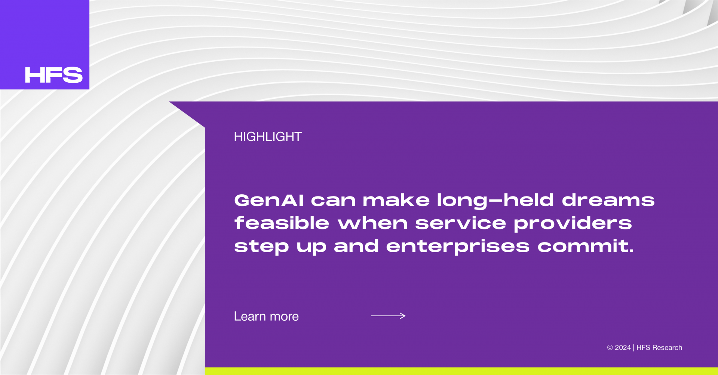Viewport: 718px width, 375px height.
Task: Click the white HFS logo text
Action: coord(53,75)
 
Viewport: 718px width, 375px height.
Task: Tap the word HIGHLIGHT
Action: coord(268,137)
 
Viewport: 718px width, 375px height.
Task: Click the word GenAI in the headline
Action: coord(269,200)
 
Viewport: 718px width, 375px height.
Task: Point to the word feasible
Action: coord(282,223)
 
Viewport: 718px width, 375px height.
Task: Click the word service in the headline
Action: coord(460,224)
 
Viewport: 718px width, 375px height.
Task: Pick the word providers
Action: coord(573,224)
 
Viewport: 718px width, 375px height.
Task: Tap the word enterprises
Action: coord(458,247)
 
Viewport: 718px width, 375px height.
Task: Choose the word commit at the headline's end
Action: coord(586,246)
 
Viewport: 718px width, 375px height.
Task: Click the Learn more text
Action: coord(266,317)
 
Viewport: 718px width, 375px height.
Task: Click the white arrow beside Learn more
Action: coord(388,316)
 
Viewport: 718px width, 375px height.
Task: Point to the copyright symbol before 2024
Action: coord(610,348)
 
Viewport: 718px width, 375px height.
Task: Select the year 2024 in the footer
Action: coord(623,348)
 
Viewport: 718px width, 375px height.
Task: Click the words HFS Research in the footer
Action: coord(659,348)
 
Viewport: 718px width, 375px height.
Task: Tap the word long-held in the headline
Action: coord(495,201)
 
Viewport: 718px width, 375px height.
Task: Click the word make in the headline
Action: coord(396,200)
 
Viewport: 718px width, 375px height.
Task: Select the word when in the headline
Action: coord(372,223)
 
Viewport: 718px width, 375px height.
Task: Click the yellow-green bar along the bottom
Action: coord(461,371)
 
